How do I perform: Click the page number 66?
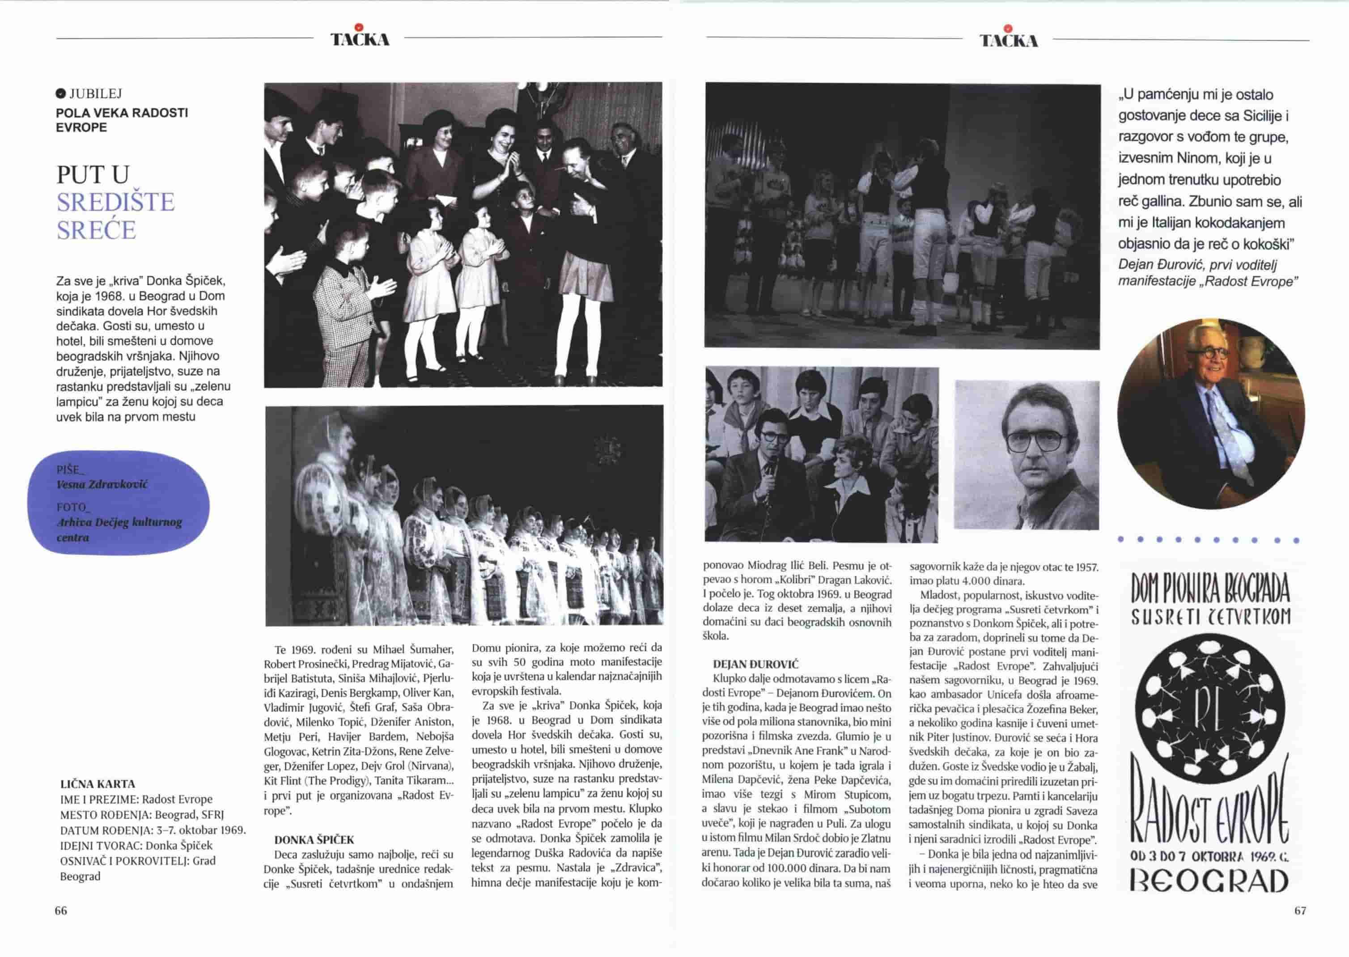click(x=61, y=910)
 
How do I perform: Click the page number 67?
click(x=1300, y=910)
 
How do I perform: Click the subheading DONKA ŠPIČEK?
click(x=314, y=839)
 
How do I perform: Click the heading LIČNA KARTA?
click(x=98, y=784)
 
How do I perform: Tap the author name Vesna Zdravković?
click(x=102, y=484)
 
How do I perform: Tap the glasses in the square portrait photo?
click(x=1037, y=440)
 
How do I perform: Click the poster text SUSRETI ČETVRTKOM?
click(x=1211, y=616)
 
